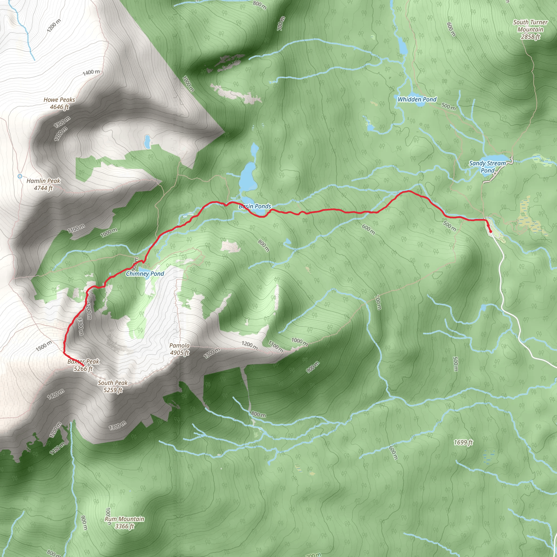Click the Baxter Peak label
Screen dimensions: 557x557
83,361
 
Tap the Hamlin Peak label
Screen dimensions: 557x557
43,181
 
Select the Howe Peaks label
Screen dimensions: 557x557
59,100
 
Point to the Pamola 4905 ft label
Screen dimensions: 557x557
179,349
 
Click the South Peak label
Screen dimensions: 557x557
112,383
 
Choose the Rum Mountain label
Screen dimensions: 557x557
124,519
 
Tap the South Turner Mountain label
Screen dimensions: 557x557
530,26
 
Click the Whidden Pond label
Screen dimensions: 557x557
417,100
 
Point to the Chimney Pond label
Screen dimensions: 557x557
145,274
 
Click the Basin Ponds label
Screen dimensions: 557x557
255,206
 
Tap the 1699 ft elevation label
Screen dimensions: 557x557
463,442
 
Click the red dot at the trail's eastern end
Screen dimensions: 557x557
491,231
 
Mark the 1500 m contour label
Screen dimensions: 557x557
44,346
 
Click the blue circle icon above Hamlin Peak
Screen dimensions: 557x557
20,176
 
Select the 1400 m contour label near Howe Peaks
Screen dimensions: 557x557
91,72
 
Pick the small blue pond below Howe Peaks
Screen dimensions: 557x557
147,141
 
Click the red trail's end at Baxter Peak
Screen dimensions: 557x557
83,366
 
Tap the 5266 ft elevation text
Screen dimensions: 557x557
83,369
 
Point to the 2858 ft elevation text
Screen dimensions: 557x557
530,37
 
